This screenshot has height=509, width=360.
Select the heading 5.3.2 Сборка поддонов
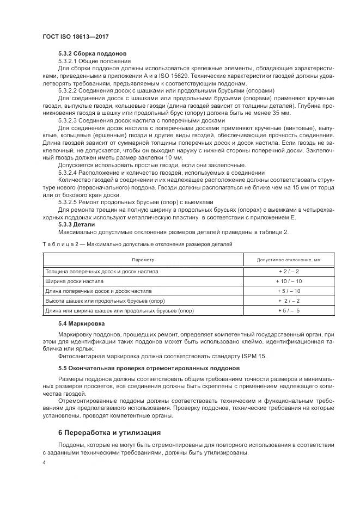[92, 54]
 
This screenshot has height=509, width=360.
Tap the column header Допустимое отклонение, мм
[288, 260]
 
